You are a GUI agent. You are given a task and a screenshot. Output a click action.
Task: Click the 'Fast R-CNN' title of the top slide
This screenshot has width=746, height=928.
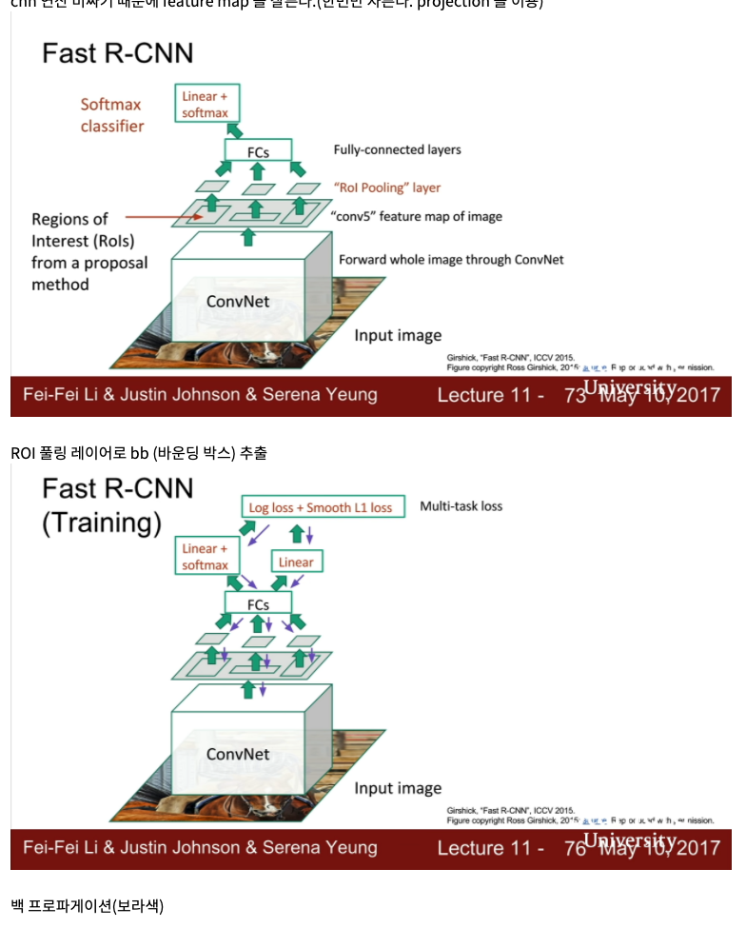(117, 52)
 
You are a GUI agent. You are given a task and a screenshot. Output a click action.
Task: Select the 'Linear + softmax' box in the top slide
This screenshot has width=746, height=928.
(206, 105)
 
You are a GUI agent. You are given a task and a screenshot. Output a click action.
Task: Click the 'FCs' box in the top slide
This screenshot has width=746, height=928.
(257, 150)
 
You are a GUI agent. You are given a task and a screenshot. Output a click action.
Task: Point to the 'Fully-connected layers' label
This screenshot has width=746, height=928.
(397, 149)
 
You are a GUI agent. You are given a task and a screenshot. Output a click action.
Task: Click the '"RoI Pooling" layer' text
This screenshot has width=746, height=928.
(387, 188)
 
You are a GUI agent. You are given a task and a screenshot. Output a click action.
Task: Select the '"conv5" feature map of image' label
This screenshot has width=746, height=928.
(417, 216)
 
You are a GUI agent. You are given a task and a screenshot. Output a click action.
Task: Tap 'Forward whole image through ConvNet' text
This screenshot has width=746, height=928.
(451, 260)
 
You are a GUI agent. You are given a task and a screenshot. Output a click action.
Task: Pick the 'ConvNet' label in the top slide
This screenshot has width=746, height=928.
(238, 302)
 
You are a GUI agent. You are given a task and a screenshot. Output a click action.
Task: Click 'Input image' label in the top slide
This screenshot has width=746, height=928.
(398, 335)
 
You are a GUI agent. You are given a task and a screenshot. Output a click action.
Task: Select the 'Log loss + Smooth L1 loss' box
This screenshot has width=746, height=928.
(321, 507)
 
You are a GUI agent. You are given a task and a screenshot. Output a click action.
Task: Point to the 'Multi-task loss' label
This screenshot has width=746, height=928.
(461, 506)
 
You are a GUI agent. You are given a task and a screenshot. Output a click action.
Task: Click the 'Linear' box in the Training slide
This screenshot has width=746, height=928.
(296, 562)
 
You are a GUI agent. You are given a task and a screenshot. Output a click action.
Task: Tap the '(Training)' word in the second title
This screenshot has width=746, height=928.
(101, 523)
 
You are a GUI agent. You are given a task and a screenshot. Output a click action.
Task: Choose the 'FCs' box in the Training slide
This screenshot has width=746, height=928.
(257, 604)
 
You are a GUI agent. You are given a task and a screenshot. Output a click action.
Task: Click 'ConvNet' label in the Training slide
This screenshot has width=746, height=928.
(238, 755)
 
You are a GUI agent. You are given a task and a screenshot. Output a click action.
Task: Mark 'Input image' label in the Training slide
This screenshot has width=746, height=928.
(398, 788)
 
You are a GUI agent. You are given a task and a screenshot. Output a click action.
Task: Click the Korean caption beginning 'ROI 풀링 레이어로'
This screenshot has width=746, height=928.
(139, 453)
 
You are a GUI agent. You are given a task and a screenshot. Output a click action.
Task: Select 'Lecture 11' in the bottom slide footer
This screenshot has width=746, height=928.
(491, 848)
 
